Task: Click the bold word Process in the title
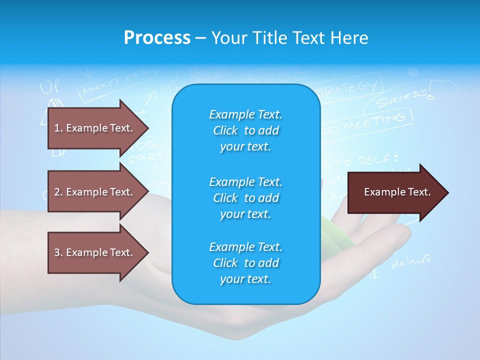(157, 38)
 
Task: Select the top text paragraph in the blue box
(245, 130)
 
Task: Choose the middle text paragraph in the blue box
(245, 197)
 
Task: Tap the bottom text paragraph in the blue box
(245, 263)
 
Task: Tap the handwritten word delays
(410, 261)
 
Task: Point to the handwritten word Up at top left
(49, 87)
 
